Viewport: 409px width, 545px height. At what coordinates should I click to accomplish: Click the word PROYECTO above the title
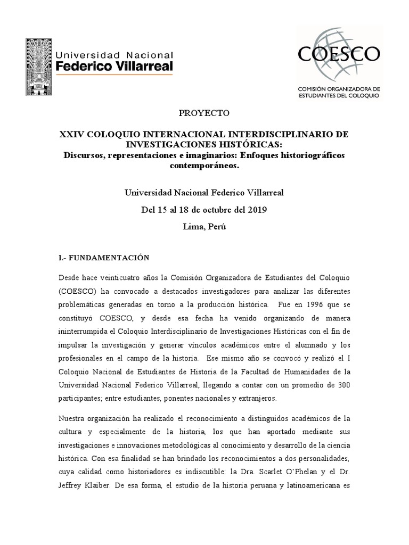(204, 113)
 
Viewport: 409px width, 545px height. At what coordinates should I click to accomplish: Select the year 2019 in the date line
(256, 209)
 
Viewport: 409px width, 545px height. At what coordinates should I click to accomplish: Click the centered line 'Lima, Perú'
(204, 226)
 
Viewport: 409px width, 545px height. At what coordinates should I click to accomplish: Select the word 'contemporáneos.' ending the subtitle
(204, 166)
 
